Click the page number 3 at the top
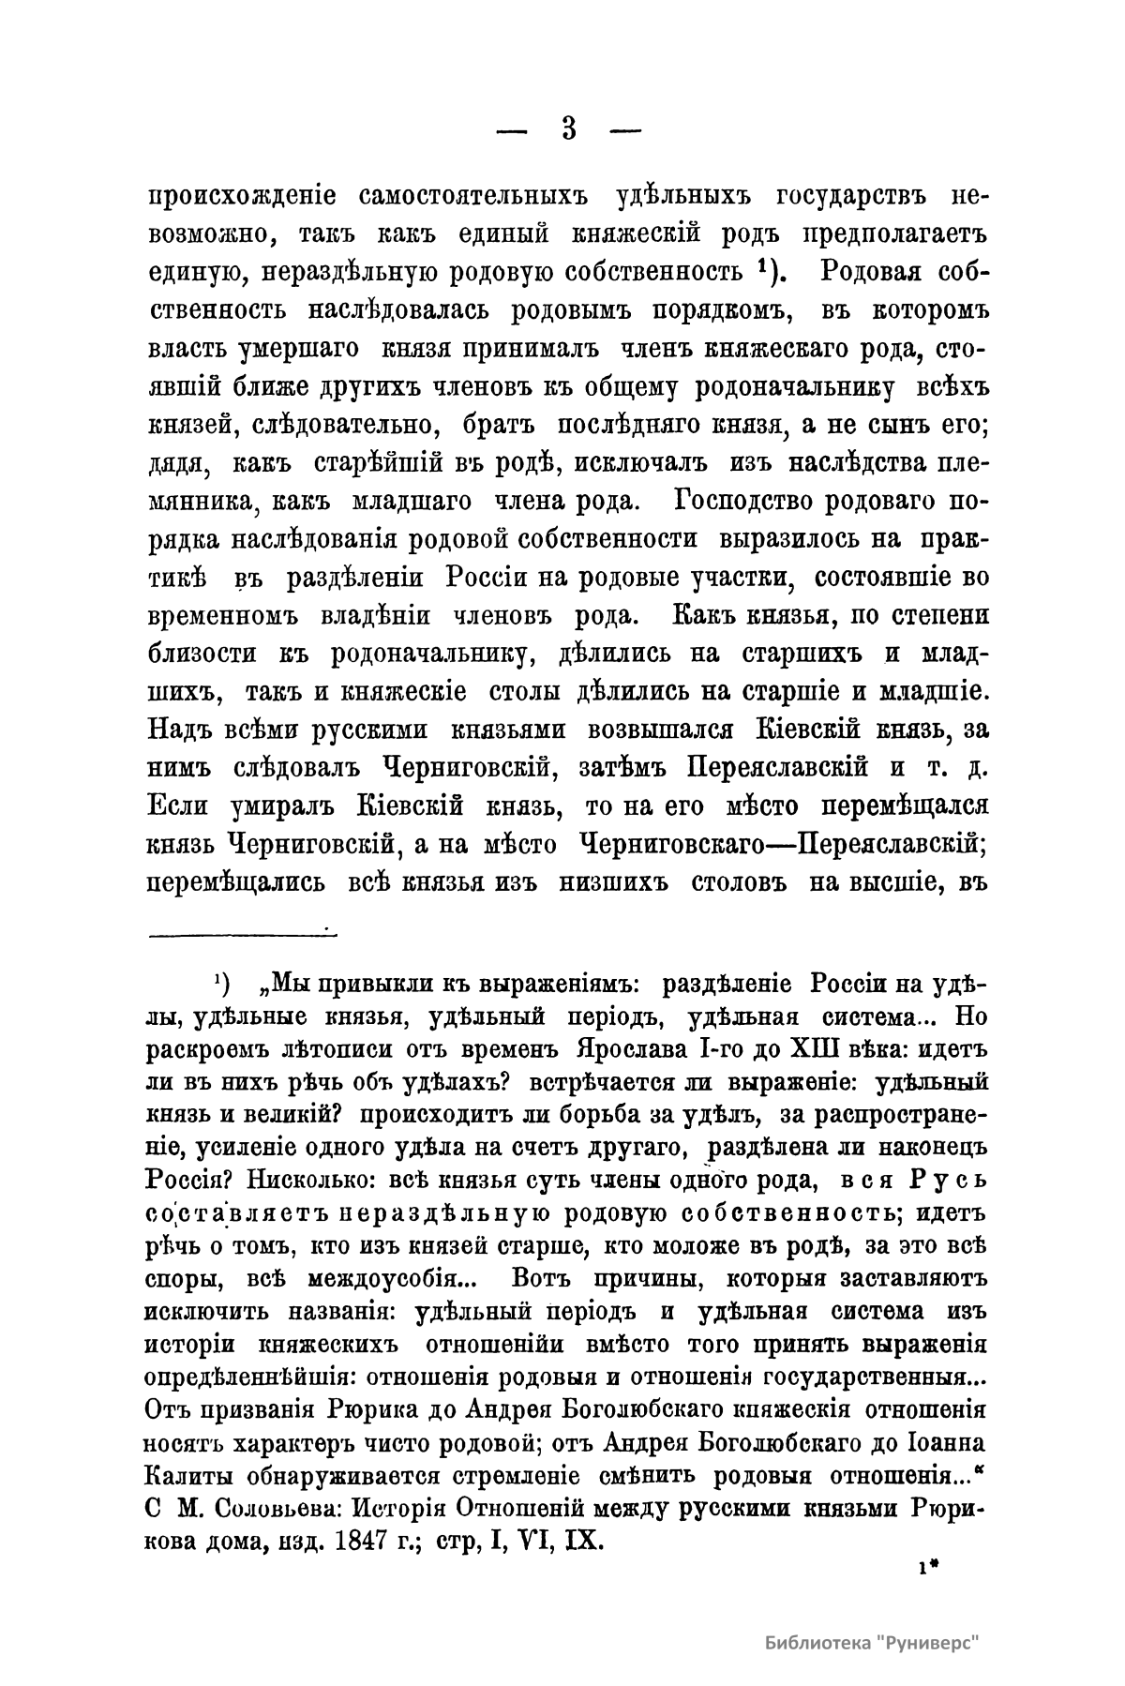(x=568, y=128)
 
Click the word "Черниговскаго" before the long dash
(x=675, y=844)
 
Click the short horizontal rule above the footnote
(x=242, y=931)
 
